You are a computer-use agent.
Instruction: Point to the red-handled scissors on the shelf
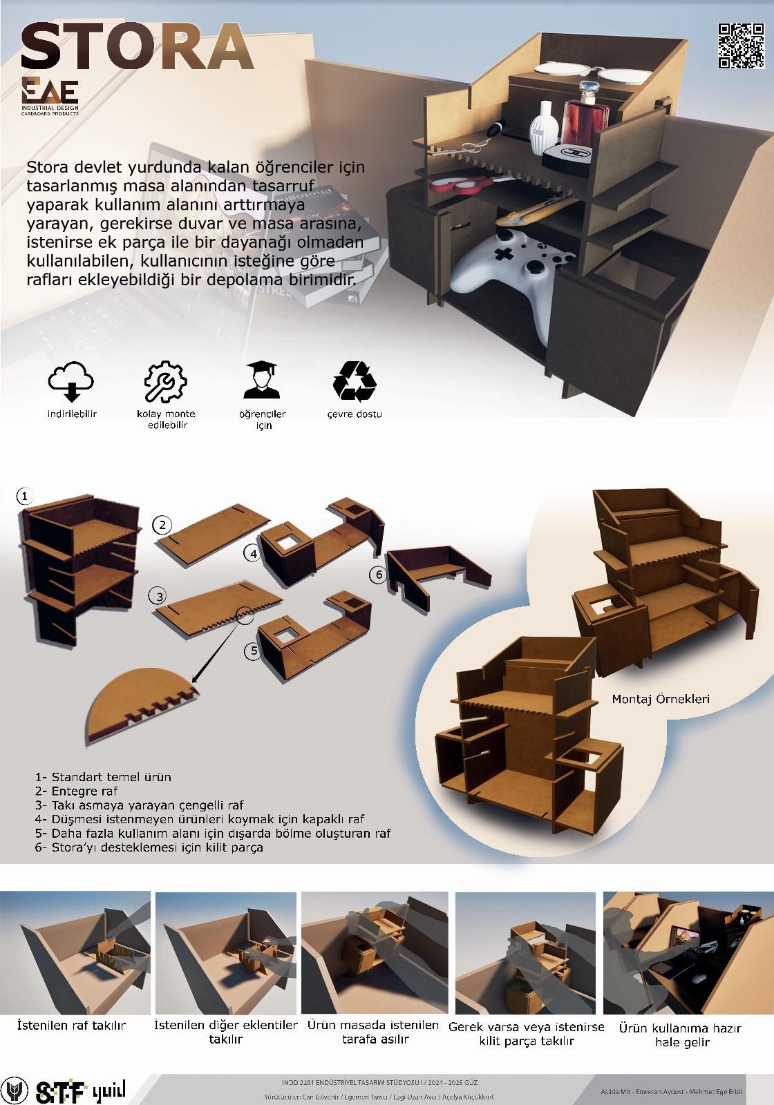(x=462, y=182)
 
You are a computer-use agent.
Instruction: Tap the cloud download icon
(x=70, y=381)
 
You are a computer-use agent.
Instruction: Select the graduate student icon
(x=263, y=381)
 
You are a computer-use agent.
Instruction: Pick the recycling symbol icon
(x=355, y=381)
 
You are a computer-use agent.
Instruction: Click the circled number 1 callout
(x=25, y=496)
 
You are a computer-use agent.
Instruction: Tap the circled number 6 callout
(x=377, y=574)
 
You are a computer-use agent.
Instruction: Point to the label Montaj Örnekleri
(x=660, y=699)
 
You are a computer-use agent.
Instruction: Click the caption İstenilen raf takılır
(x=72, y=1026)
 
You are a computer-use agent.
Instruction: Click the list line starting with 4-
(x=200, y=819)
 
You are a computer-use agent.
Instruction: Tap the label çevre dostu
(x=355, y=414)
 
